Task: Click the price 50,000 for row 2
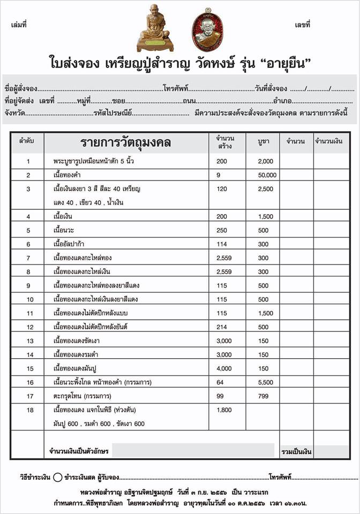[267, 175]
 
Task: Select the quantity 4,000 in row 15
[224, 368]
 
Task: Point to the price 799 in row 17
[264, 410]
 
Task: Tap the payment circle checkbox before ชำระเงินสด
[58, 476]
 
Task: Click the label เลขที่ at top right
[303, 25]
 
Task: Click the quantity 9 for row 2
[219, 175]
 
